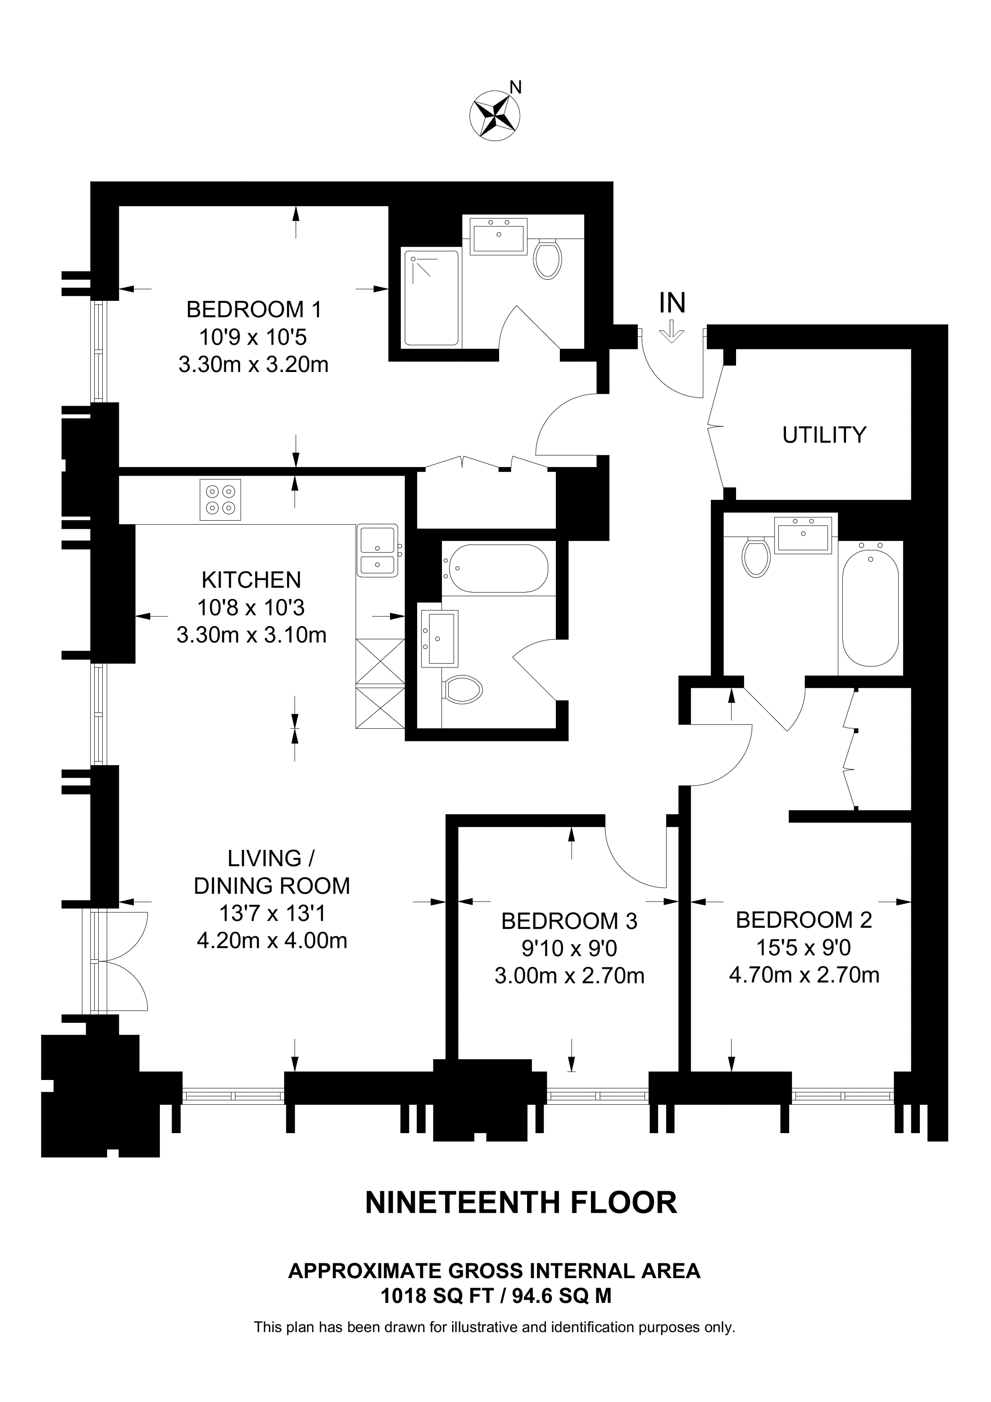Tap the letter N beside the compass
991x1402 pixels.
pyautogui.click(x=516, y=87)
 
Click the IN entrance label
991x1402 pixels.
pyautogui.click(x=672, y=303)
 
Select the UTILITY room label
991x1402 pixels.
pyautogui.click(x=824, y=435)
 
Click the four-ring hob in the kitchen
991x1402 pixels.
pyautogui.click(x=220, y=499)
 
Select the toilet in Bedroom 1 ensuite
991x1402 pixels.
pyautogui.click(x=548, y=259)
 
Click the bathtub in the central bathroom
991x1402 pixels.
pyautogui.click(x=496, y=568)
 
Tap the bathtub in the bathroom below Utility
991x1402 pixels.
pyautogui.click(x=870, y=608)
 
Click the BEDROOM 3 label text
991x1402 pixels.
pyautogui.click(x=569, y=921)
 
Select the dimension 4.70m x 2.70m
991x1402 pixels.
pyautogui.click(x=804, y=975)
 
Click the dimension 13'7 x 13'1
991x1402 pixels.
pyautogui.click(x=273, y=913)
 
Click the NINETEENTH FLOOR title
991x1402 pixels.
pyautogui.click(x=521, y=1202)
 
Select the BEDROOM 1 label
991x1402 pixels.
pyautogui.click(x=254, y=309)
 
